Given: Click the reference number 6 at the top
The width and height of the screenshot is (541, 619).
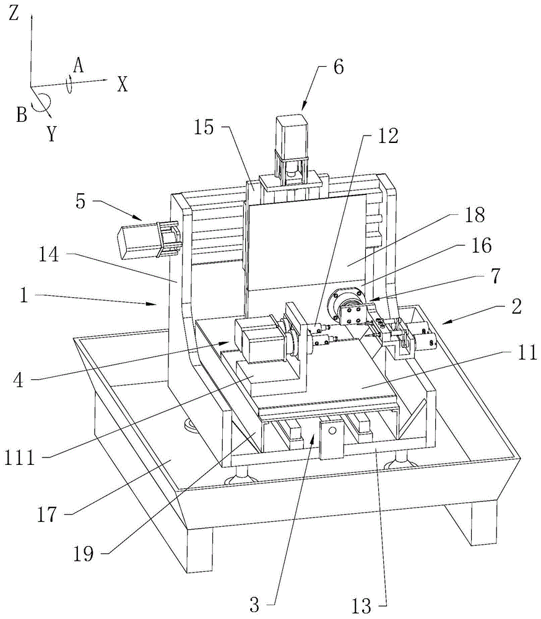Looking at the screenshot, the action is click(x=339, y=67).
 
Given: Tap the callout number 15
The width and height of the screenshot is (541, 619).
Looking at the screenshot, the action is click(x=204, y=128).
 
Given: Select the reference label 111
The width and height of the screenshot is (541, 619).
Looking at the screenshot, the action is click(x=20, y=458).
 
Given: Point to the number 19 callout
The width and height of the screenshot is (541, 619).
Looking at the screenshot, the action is click(x=84, y=553).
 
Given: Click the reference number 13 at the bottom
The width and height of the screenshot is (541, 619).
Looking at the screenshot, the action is click(x=361, y=605).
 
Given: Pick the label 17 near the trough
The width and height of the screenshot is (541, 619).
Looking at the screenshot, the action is click(x=48, y=514).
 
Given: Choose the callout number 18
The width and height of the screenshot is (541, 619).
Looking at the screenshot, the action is click(x=475, y=215).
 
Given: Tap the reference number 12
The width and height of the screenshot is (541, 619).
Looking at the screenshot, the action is click(x=387, y=136).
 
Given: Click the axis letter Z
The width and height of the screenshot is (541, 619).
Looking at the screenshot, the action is click(x=14, y=14).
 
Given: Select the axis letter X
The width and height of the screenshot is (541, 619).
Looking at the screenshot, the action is click(x=123, y=84).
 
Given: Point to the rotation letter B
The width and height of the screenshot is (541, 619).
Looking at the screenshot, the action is click(x=22, y=115).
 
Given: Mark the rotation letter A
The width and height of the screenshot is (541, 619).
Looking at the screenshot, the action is click(x=79, y=65).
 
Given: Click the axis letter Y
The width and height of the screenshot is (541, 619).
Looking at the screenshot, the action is click(x=52, y=134).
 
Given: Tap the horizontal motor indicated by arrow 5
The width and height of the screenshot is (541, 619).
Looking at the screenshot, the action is click(x=138, y=242).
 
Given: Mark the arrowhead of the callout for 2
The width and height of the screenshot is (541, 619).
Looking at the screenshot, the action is click(x=443, y=323).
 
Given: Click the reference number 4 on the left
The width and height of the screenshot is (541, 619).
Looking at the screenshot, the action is click(x=18, y=381).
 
